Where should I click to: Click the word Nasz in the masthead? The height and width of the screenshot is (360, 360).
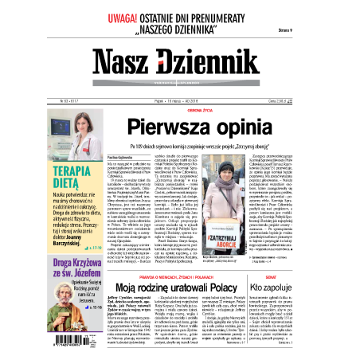126,65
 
